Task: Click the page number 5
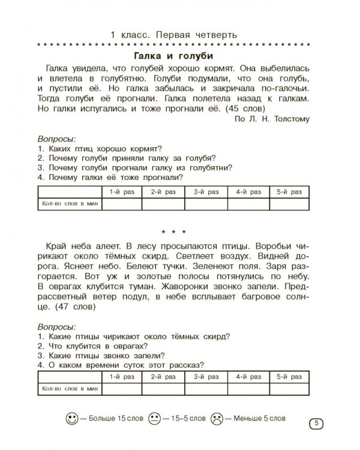pyautogui.click(x=316, y=424)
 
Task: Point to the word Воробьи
pyautogui.click(x=264, y=247)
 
